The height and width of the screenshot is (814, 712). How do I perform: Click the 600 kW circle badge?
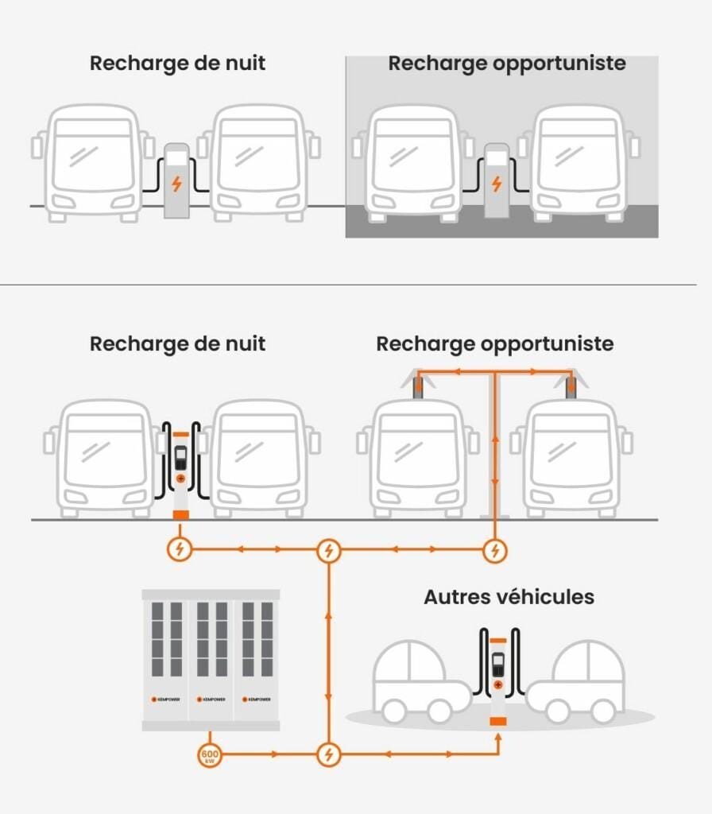tap(210, 755)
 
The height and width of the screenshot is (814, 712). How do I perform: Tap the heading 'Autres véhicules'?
tap(509, 597)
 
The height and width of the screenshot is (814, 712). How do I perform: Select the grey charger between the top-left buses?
tap(176, 181)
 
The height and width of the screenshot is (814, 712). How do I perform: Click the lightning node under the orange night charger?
tap(180, 549)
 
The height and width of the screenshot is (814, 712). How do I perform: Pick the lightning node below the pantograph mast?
tap(495, 549)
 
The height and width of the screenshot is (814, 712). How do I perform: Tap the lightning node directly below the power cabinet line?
tap(328, 754)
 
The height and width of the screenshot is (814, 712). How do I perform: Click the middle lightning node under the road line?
tap(328, 549)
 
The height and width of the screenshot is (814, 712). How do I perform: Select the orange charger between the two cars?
tap(498, 676)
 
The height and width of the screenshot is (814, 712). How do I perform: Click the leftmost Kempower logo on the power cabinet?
tap(165, 700)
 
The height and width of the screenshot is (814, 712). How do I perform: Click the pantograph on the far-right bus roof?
tap(571, 386)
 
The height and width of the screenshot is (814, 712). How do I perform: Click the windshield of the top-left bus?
tap(92, 155)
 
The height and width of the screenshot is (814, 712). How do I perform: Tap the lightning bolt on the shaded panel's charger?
tap(497, 184)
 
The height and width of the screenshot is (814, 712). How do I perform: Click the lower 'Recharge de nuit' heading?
tap(177, 344)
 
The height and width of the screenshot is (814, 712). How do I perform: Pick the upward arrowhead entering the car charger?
tap(498, 737)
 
